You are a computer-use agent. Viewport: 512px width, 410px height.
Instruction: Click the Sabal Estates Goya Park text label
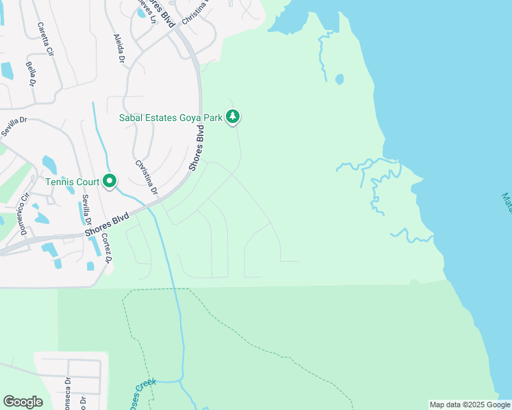(x=171, y=118)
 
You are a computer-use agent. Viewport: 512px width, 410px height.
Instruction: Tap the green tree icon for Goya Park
(x=233, y=117)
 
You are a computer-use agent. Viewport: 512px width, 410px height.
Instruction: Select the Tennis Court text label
(x=72, y=182)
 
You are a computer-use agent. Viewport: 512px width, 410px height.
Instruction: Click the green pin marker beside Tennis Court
(x=110, y=181)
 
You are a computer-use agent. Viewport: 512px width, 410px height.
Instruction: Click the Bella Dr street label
(x=31, y=74)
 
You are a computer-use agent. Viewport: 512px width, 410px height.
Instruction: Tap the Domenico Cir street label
(x=23, y=215)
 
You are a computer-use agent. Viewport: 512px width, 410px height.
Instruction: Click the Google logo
(x=23, y=402)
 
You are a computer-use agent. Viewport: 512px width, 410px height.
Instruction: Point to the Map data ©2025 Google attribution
(x=470, y=405)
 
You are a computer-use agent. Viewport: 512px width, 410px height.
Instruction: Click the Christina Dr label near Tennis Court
(x=146, y=176)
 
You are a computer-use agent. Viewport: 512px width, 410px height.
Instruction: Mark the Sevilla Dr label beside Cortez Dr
(x=87, y=210)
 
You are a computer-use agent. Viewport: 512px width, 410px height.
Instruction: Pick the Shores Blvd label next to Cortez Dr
(x=107, y=225)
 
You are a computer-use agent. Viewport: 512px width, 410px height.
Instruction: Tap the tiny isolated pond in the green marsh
(x=340, y=79)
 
